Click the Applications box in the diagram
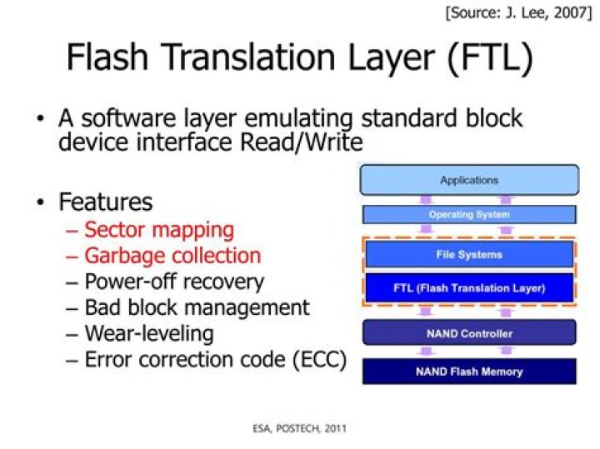(x=468, y=180)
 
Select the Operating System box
(x=468, y=215)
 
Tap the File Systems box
(x=468, y=254)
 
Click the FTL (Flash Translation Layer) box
(x=468, y=288)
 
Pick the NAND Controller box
(x=468, y=333)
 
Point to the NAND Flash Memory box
(x=468, y=372)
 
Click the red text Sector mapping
(x=158, y=229)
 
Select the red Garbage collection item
(x=172, y=256)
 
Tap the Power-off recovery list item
(x=174, y=282)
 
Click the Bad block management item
(x=197, y=307)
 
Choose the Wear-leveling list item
(x=149, y=334)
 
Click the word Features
(x=106, y=202)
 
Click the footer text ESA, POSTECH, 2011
(x=300, y=428)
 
